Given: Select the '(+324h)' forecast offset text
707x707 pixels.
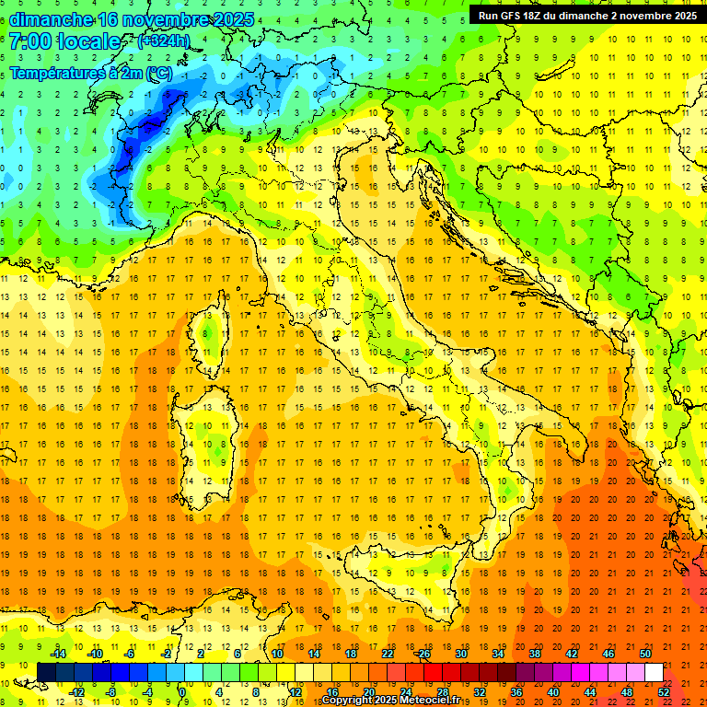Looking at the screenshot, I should pyautogui.click(x=163, y=41).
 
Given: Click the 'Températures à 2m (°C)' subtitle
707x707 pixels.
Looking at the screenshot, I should pyautogui.click(x=90, y=72).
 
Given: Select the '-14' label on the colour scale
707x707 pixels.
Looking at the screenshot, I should pyautogui.click(x=60, y=654).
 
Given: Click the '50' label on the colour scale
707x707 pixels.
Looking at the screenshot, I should pyautogui.click(x=645, y=654).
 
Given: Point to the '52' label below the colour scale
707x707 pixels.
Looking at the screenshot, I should pyautogui.click(x=663, y=691).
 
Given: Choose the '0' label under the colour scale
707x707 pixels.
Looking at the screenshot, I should pyautogui.click(x=182, y=691).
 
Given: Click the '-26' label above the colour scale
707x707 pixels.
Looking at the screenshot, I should pyautogui.click(x=423, y=654).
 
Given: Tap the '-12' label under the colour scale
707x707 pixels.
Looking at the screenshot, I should pyautogui.click(x=76, y=691).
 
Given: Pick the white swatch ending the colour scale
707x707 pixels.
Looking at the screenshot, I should pyautogui.click(x=654, y=672).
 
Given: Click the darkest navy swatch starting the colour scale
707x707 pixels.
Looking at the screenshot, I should pyautogui.click(x=46, y=672).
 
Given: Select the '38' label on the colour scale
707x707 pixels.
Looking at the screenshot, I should pyautogui.click(x=534, y=654).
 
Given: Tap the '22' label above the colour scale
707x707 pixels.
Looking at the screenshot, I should pyautogui.click(x=387, y=654).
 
